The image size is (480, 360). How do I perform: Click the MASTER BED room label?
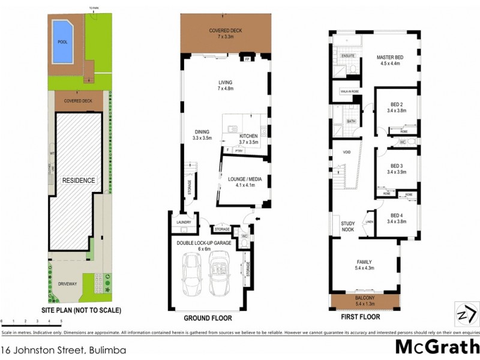coord(390,57)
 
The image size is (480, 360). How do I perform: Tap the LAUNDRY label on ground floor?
coord(183,223)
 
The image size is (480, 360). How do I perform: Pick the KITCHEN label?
coord(248,137)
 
